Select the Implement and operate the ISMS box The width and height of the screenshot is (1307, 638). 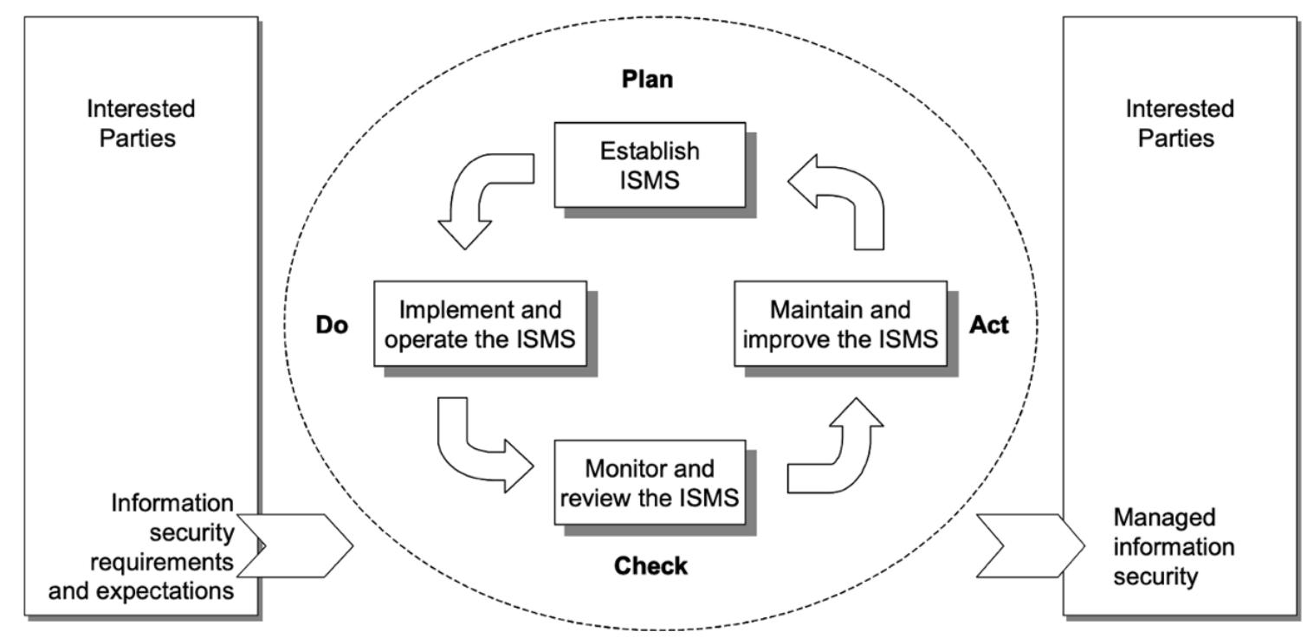tap(480, 323)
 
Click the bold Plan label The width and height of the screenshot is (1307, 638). tap(648, 80)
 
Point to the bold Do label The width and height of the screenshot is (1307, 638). tap(332, 326)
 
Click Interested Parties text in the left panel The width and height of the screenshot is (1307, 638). tap(141, 124)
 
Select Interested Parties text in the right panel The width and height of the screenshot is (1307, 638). tap(1180, 124)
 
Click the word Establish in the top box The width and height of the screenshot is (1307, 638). tap(649, 151)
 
